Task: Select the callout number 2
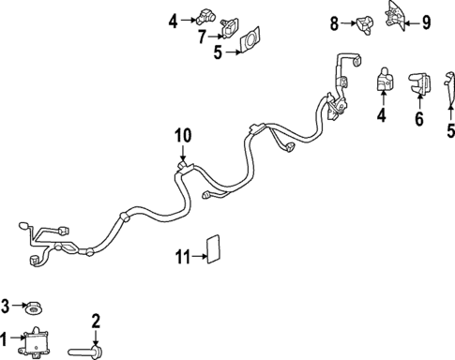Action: coord(94,322)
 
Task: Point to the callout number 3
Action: coord(6,306)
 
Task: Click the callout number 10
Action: coord(181,136)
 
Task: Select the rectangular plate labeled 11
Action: coord(212,249)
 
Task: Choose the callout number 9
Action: coord(425,22)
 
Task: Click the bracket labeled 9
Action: coord(396,16)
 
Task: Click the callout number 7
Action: coord(203,37)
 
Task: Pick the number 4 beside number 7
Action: coord(173,19)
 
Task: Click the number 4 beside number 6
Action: coord(383,117)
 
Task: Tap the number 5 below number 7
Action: coord(218,53)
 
